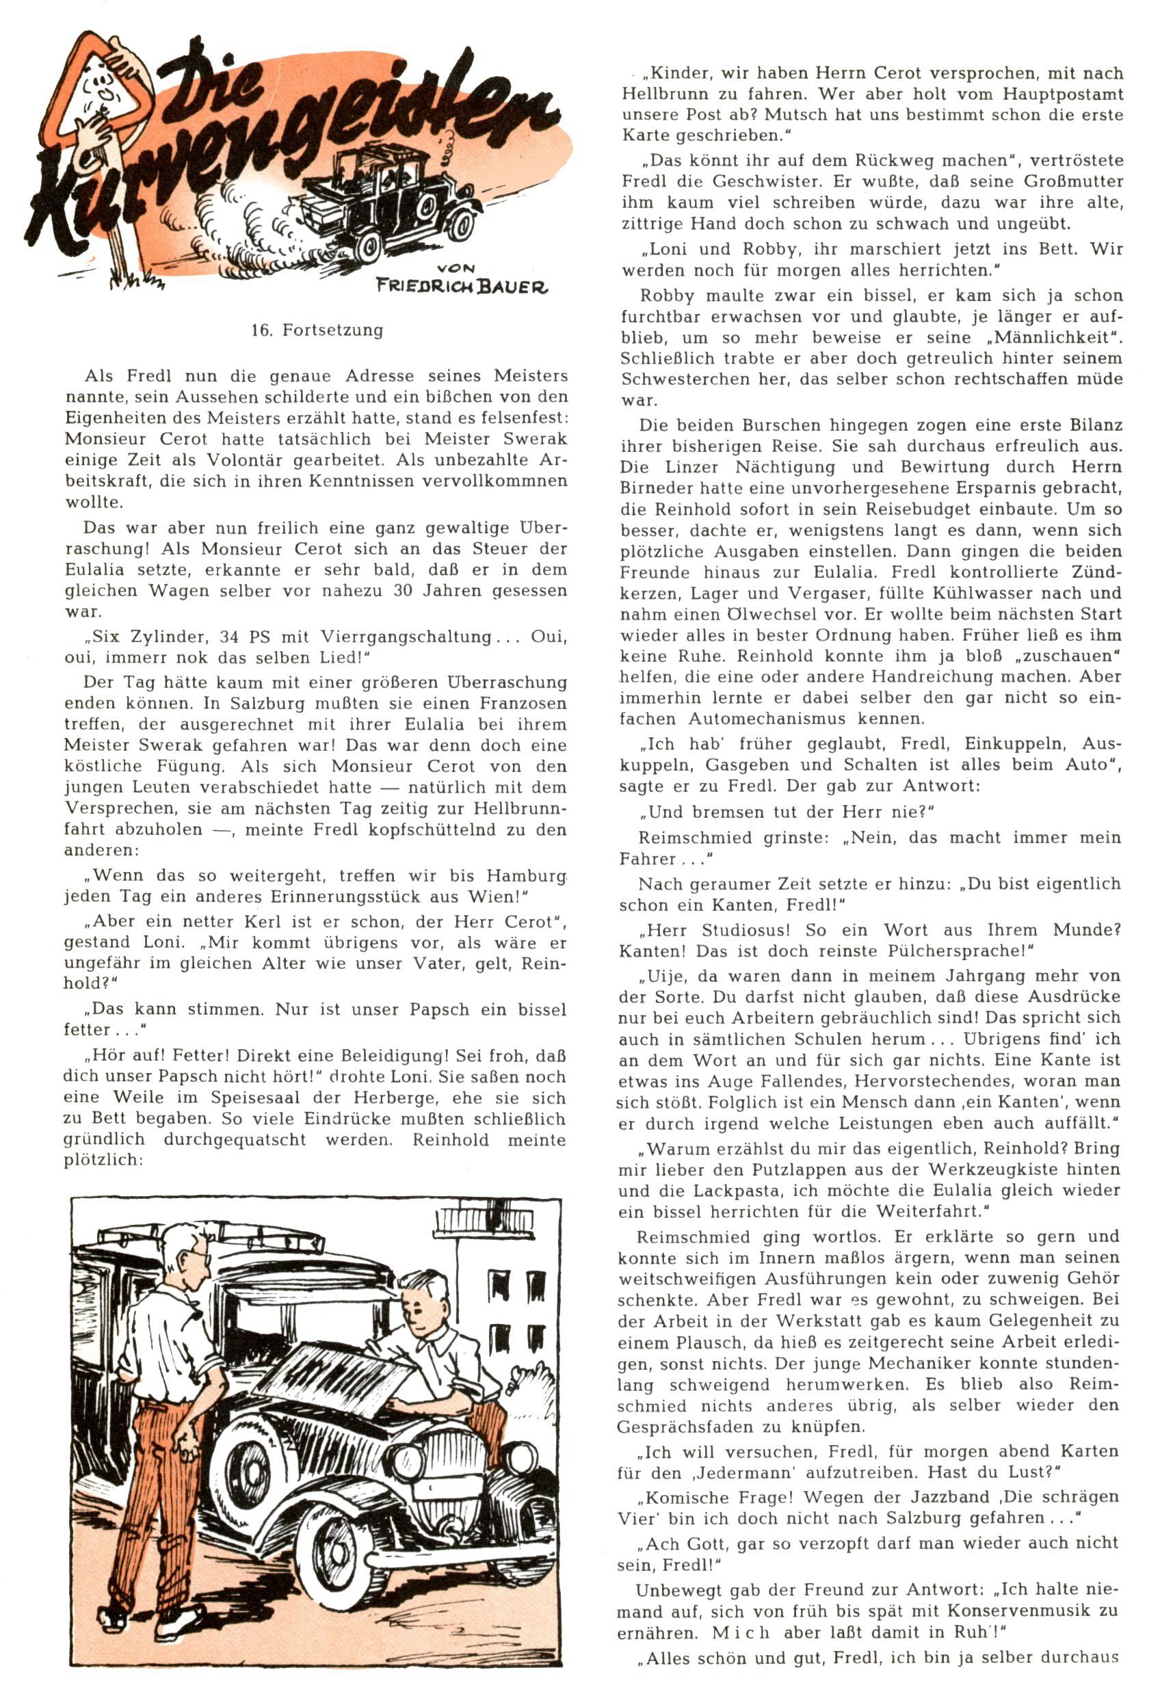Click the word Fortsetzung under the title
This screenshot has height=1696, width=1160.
pyautogui.click(x=332, y=330)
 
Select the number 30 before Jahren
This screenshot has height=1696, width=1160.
pyautogui.click(x=404, y=590)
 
